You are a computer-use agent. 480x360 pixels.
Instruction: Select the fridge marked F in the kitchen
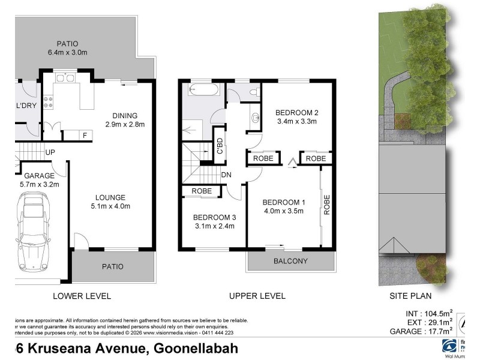coord(85,135)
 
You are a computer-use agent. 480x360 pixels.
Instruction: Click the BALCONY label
coord(290,261)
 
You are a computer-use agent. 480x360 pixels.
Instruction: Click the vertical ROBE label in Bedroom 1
coord(327,205)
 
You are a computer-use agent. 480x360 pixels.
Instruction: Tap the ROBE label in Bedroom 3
coord(201,191)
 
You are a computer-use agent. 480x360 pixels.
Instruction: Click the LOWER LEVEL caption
coord(82,296)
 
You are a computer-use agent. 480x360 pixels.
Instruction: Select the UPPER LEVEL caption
coord(257,296)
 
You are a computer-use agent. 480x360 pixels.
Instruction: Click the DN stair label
coord(227,175)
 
